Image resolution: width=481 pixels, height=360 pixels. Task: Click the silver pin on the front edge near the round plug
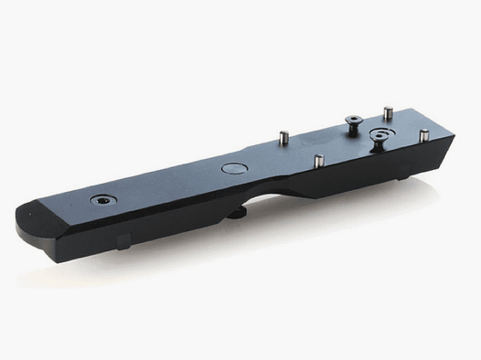click(x=318, y=161)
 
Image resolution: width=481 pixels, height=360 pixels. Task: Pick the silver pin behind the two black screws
click(x=388, y=112)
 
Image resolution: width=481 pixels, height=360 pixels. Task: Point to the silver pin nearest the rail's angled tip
click(x=423, y=135)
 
